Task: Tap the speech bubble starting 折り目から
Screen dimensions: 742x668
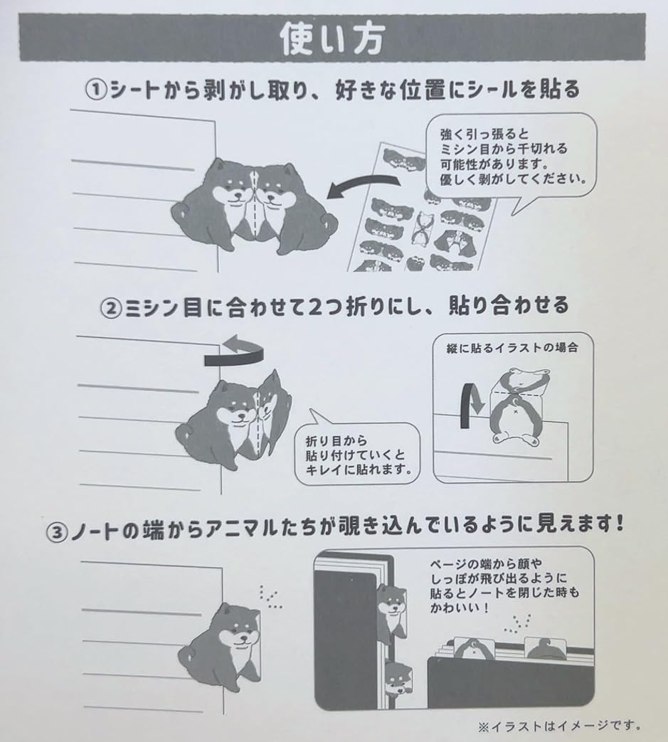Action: point(356,455)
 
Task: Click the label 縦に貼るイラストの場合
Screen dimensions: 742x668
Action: point(511,349)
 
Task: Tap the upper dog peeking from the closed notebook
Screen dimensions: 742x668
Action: point(391,605)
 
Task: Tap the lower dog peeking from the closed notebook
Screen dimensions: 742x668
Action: point(398,679)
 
